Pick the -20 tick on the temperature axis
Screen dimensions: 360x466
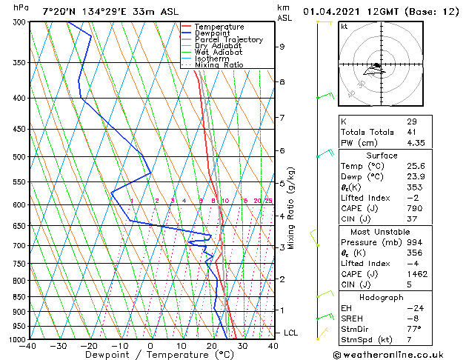pyautogui.click(x=89, y=346)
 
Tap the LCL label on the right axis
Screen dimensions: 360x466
pyautogui.click(x=290, y=333)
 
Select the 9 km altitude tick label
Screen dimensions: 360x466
pyautogui.click(x=282, y=47)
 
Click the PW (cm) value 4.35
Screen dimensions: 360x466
pyautogui.click(x=415, y=143)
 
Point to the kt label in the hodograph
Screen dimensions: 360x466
pyautogui.click(x=344, y=26)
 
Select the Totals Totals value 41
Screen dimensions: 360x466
pyautogui.click(x=411, y=132)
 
